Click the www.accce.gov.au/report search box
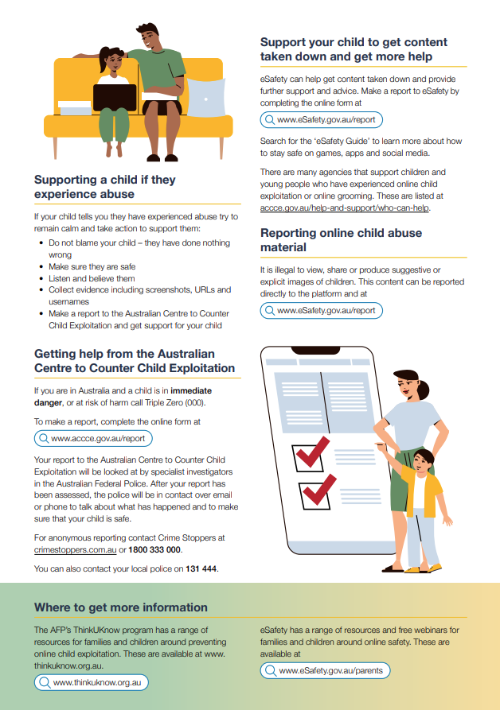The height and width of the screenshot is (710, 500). (x=93, y=438)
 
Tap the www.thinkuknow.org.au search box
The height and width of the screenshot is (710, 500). (x=92, y=682)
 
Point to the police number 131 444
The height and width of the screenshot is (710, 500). (x=201, y=568)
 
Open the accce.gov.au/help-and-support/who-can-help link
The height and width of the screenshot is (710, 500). (x=345, y=208)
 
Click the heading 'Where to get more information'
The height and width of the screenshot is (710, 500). (x=121, y=607)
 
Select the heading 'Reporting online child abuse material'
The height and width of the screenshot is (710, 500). (x=341, y=240)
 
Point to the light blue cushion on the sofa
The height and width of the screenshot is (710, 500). (x=205, y=98)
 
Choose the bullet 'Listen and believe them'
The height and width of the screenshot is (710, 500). (x=92, y=279)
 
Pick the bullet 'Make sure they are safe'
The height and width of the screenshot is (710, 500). (x=92, y=267)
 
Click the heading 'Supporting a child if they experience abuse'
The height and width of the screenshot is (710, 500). (x=104, y=187)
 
